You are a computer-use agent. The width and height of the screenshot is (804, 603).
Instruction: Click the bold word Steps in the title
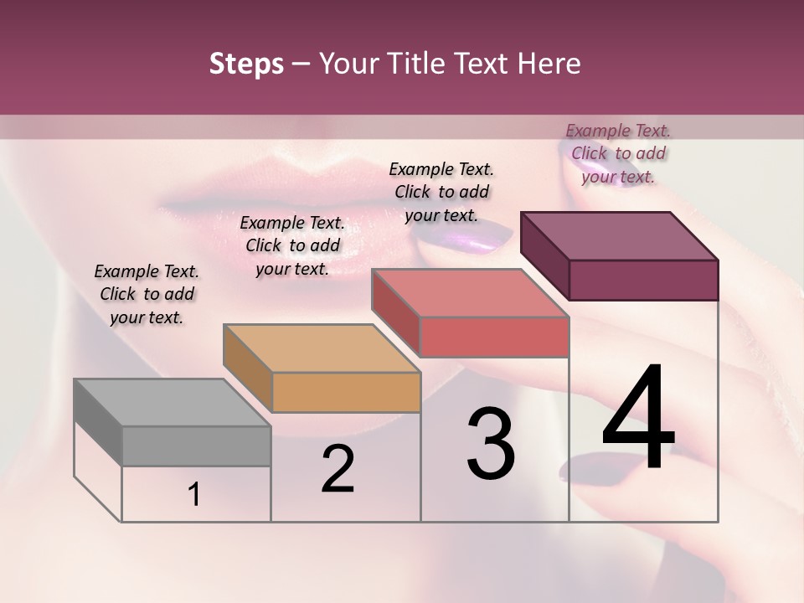[x=246, y=64]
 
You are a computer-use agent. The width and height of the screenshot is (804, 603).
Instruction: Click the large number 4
[x=638, y=418]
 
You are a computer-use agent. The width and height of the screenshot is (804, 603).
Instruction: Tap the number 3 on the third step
[x=491, y=444]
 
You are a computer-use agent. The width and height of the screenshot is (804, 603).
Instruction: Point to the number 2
[x=338, y=468]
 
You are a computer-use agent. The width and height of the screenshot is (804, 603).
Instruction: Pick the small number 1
[x=194, y=495]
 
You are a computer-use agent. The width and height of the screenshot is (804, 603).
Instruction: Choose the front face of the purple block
[x=643, y=280]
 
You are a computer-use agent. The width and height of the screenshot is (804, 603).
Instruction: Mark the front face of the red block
[x=494, y=337]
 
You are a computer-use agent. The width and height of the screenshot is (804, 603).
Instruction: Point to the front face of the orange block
[x=346, y=392]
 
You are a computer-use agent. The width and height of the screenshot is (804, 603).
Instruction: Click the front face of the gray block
[x=197, y=446]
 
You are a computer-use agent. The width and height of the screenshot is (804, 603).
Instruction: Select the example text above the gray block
[x=147, y=294]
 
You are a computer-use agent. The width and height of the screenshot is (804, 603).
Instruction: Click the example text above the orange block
[x=292, y=245]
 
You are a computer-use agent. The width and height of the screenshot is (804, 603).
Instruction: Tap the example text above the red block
[x=441, y=192]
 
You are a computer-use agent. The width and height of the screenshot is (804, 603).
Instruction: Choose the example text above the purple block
[x=618, y=153]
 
